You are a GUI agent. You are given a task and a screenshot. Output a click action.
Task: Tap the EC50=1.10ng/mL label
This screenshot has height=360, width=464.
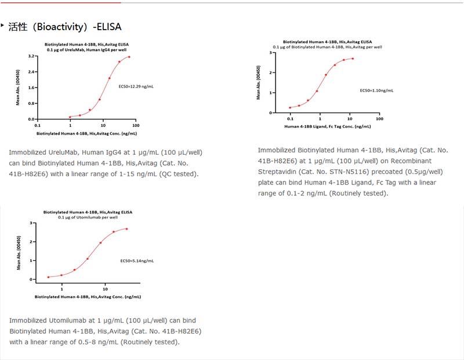coord(376,90)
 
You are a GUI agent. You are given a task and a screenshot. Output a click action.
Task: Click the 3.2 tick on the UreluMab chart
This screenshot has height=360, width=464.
coord(32,56)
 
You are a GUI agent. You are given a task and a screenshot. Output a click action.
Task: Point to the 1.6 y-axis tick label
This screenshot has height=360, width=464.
coord(32,88)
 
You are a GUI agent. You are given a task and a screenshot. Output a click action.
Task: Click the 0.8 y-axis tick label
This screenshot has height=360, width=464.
coord(32,103)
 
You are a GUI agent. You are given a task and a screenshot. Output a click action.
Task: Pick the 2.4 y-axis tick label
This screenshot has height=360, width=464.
coord(32,72)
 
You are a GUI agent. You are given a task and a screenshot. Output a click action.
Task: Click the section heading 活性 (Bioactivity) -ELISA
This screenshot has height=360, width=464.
coord(65,27)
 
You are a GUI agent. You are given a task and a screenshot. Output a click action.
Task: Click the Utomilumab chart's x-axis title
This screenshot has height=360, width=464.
coord(87,297)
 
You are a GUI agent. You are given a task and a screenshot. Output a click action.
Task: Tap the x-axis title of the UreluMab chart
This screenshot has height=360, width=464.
coord(86,133)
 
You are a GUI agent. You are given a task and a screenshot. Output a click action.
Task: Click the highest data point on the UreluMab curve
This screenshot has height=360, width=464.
coord(129,57)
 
